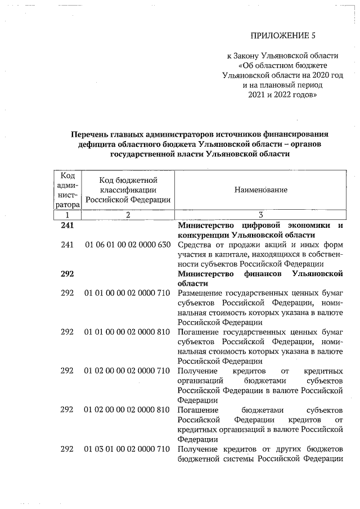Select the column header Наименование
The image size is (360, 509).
260,190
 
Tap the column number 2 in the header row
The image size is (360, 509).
128,215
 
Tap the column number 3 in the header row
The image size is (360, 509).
260,215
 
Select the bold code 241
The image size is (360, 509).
67,225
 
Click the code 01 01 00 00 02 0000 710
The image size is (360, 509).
128,294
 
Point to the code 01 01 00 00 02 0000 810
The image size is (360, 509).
128,332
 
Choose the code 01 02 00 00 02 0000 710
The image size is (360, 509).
128,371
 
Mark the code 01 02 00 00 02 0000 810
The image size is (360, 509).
128,410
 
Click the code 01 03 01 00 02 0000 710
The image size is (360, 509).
128,449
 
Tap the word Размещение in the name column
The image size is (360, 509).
200,294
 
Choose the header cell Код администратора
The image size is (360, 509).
67,190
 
